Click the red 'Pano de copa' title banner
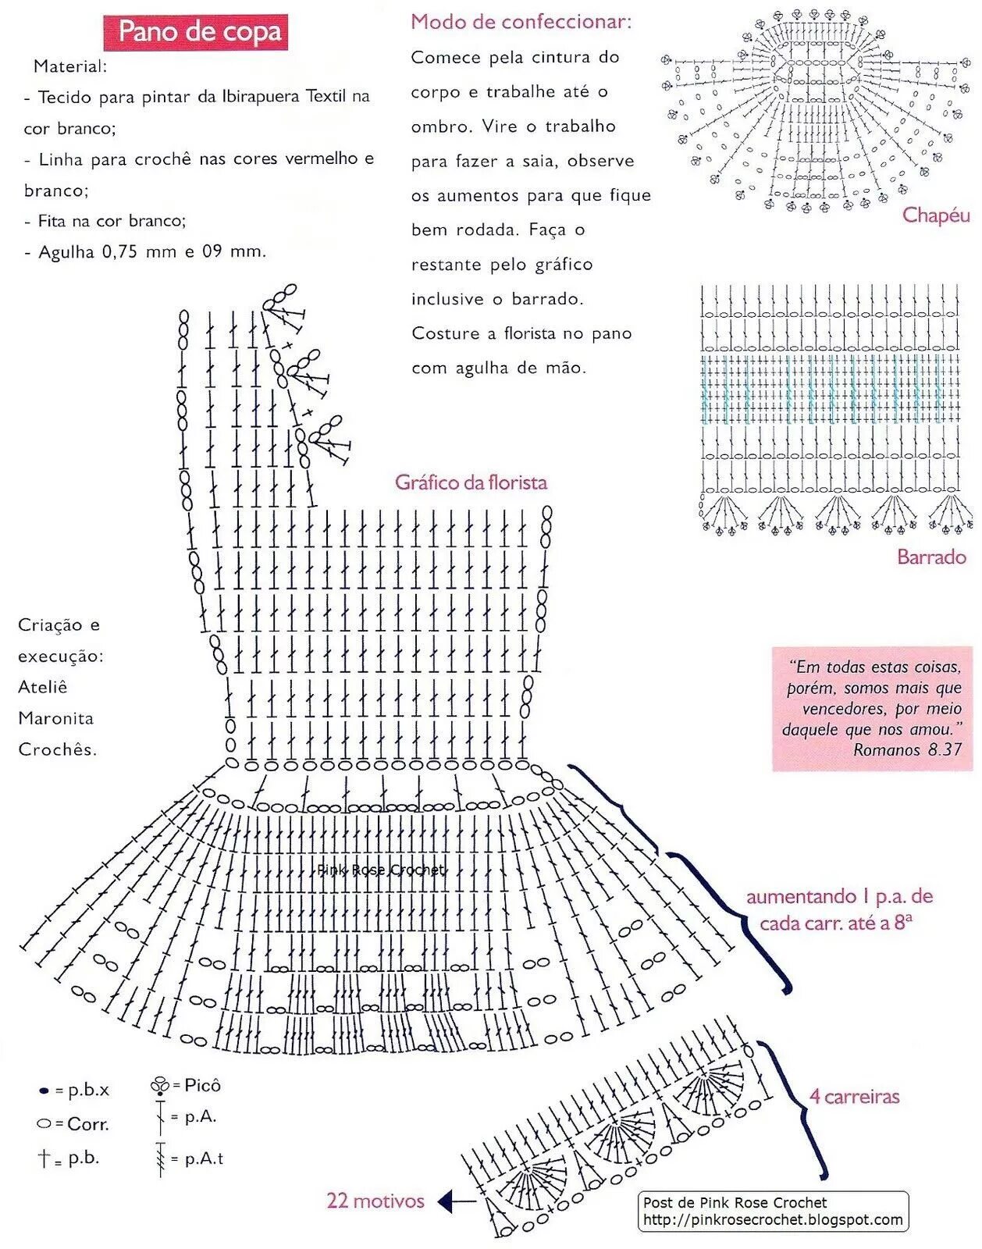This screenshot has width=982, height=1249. point(196,32)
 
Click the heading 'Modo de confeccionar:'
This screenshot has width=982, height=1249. point(521,22)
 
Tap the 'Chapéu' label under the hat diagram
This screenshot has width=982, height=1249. point(935,215)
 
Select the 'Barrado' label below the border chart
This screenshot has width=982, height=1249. point(930,557)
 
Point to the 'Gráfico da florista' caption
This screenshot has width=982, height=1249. point(471,482)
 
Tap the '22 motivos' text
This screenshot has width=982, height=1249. point(375,1201)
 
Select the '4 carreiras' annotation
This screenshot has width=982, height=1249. point(854,1097)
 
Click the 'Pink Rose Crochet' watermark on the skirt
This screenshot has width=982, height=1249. point(381,870)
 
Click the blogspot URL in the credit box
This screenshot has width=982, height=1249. point(773,1220)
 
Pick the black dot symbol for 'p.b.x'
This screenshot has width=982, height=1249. point(44,1091)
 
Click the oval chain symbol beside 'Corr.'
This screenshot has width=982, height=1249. point(44,1124)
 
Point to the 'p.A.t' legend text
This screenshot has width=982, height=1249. point(204,1159)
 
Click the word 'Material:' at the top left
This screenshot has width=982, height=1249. point(70,66)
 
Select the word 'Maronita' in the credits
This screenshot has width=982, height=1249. point(55,718)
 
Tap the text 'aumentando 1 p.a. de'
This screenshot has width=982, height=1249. point(839,897)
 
